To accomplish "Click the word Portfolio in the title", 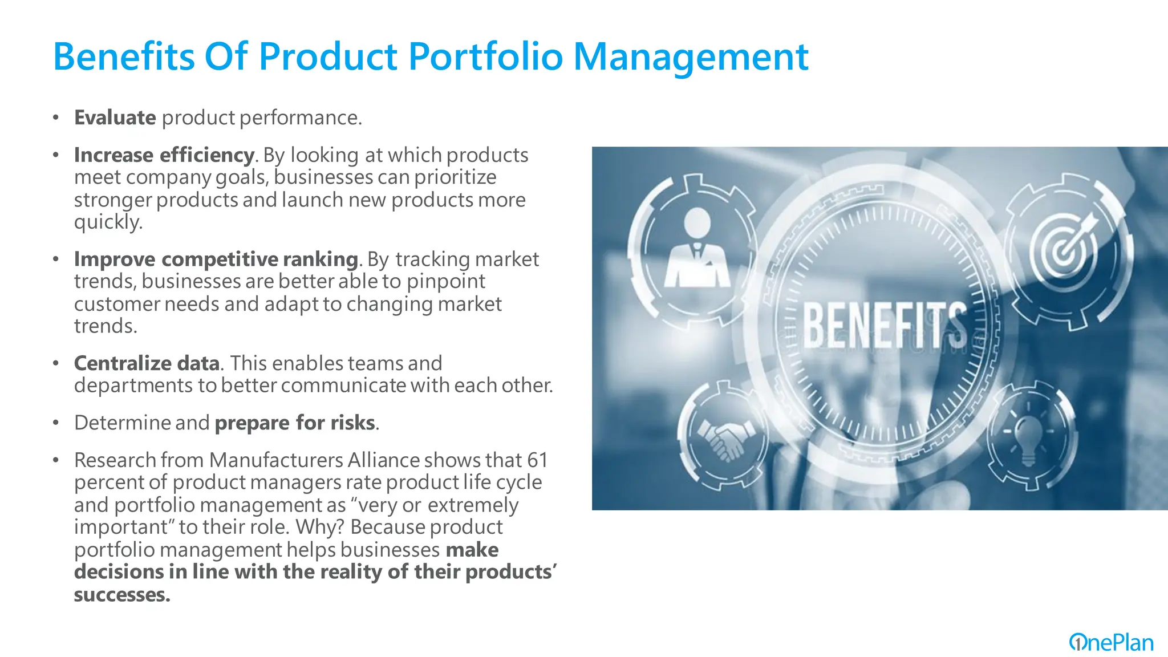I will [x=486, y=57].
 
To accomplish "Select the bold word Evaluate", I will [x=115, y=117].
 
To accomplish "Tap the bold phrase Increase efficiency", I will [x=164, y=155].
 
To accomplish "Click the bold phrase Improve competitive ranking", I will [x=216, y=259].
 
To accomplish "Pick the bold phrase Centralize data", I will [x=147, y=363].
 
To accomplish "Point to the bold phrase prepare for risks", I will [x=295, y=423].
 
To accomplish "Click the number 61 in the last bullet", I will [x=537, y=460].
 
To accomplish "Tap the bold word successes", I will [x=121, y=595].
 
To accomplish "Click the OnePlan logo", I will [x=1111, y=643].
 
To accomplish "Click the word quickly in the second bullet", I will [x=107, y=222].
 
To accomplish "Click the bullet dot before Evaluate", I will [x=55, y=118].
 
